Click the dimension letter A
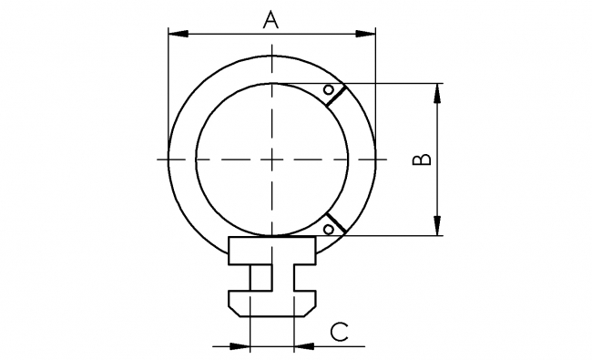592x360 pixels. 270,19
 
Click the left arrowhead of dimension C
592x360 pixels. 240,346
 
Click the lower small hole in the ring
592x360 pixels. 327,229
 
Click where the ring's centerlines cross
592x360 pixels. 271,159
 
